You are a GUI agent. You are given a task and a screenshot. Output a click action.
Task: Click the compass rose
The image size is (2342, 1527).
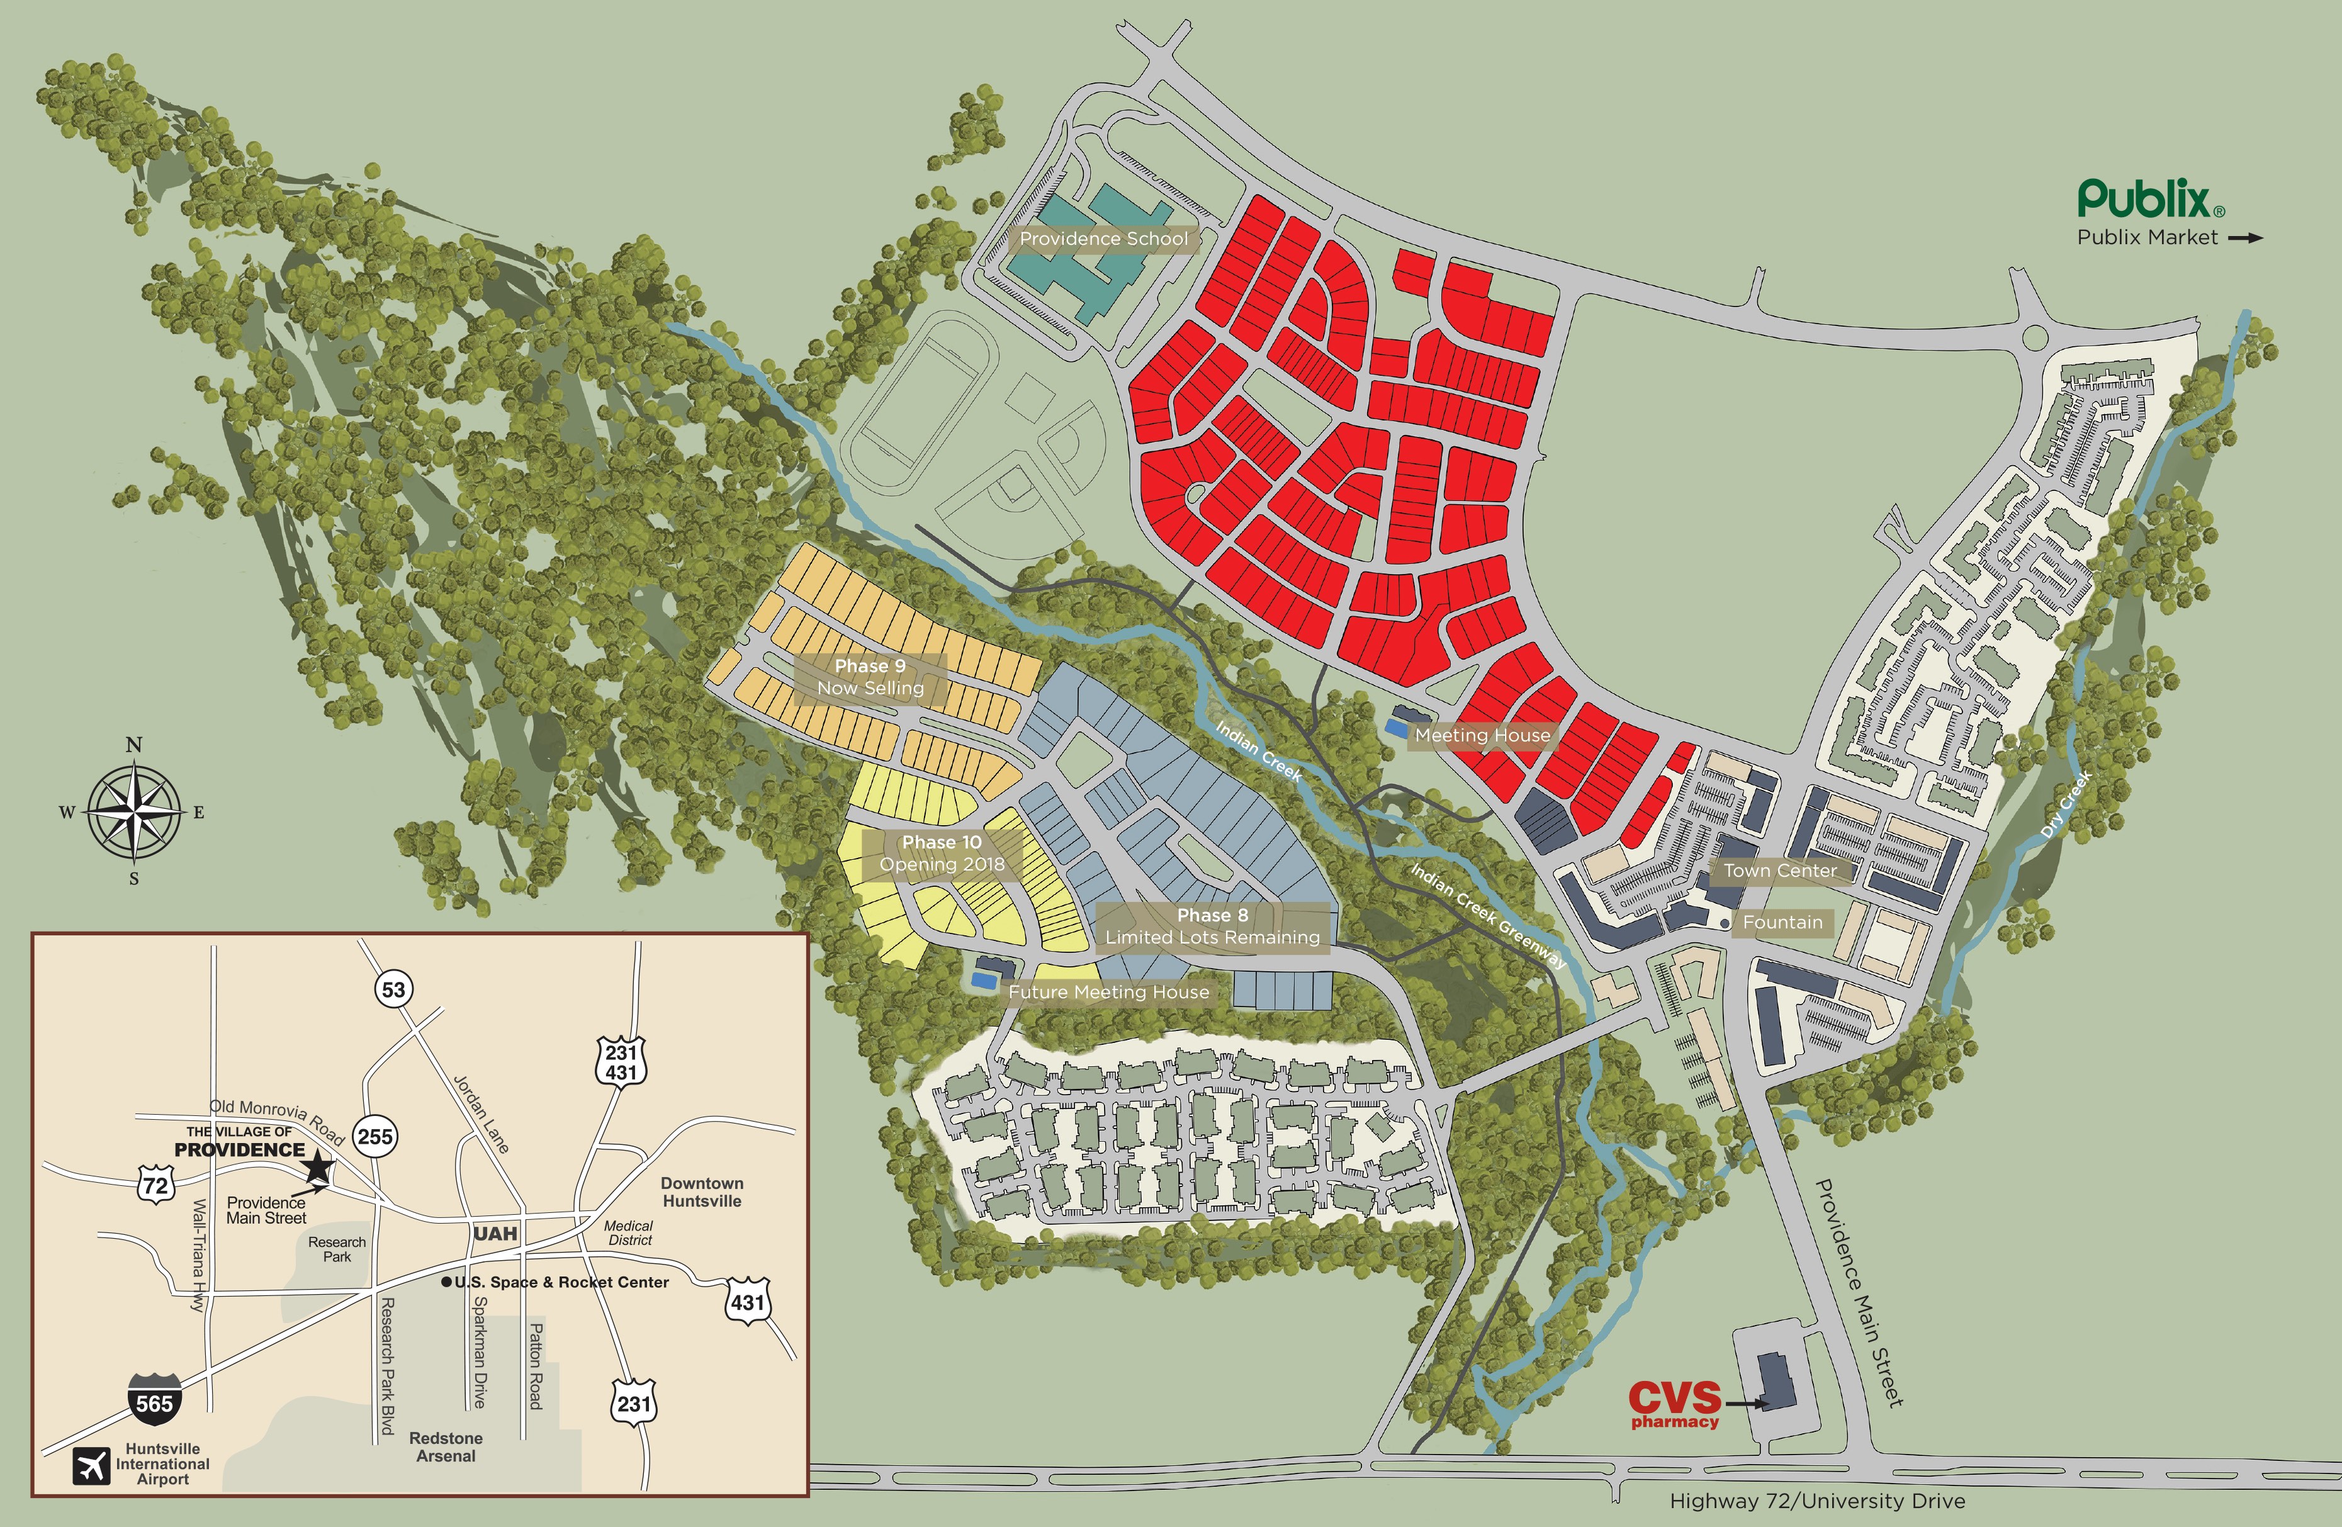click(134, 813)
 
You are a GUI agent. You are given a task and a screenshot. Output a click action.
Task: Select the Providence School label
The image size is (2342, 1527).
click(1103, 239)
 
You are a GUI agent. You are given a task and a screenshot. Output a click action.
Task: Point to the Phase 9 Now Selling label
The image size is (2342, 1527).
click(870, 677)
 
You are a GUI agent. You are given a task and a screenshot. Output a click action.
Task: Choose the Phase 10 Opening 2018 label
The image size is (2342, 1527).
click(942, 853)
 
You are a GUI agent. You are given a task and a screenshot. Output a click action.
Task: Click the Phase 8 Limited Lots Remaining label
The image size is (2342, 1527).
click(1212, 926)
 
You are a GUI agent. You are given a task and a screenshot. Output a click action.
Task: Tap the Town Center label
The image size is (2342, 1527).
click(1780, 871)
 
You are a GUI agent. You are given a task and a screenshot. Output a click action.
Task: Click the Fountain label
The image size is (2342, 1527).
click(1782, 923)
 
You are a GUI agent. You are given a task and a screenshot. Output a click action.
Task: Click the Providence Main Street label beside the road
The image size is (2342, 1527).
click(1859, 1292)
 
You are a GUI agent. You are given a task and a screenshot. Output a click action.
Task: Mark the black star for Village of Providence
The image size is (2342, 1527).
click(318, 1168)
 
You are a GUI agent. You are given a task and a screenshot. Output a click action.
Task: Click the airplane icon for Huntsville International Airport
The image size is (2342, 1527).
click(91, 1465)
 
